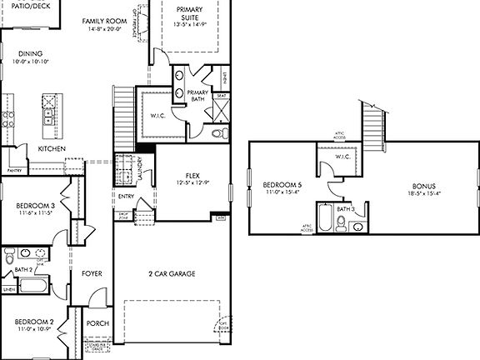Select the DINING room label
(x=29, y=54)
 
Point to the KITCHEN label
(x=52, y=148)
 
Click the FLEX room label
(x=192, y=176)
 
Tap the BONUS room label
(x=424, y=185)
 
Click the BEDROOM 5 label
(x=280, y=184)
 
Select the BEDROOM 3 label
(x=36, y=205)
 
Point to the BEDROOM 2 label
(x=34, y=321)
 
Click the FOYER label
(x=92, y=273)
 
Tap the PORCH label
(x=97, y=324)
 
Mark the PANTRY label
(x=14, y=169)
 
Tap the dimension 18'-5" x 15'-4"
(x=424, y=192)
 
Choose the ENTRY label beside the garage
(x=126, y=197)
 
